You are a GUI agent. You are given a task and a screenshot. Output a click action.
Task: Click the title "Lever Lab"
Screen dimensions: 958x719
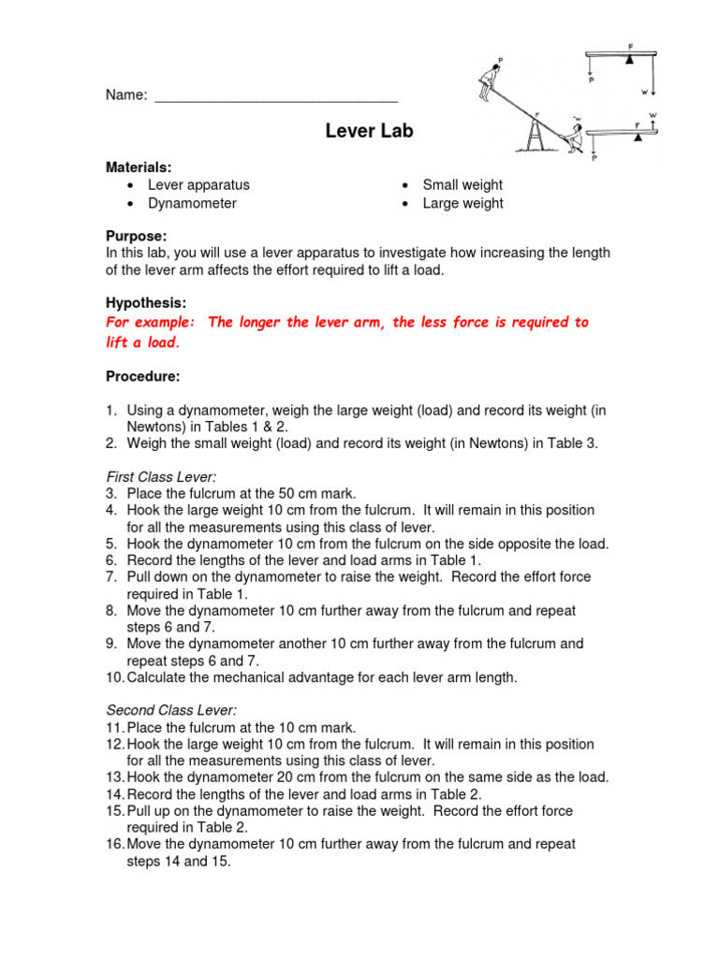click(369, 131)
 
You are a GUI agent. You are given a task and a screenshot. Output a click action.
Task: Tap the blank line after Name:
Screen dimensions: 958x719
click(276, 96)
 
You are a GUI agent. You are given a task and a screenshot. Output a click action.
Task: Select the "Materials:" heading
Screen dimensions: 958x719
click(138, 167)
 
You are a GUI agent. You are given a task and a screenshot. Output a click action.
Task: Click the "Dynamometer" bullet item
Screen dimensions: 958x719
click(192, 203)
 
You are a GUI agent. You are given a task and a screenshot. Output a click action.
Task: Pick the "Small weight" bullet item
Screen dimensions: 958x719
click(462, 185)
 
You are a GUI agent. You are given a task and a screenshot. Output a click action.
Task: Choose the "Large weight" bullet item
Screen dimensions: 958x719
click(462, 203)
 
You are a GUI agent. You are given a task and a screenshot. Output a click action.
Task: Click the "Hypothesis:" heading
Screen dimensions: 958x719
click(145, 303)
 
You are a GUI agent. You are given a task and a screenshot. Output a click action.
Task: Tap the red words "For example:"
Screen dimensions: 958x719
click(151, 323)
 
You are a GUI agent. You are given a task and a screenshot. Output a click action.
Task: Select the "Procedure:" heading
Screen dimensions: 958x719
click(142, 376)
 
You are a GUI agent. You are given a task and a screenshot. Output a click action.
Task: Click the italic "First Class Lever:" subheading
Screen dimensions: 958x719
click(160, 476)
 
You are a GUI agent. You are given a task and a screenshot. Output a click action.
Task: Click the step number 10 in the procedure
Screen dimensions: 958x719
click(114, 677)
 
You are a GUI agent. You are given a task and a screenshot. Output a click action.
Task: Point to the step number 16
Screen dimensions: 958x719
click(114, 844)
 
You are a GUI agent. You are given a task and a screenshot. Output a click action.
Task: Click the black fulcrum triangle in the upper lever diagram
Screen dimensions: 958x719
click(630, 58)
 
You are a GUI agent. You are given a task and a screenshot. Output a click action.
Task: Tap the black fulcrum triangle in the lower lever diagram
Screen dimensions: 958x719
click(638, 135)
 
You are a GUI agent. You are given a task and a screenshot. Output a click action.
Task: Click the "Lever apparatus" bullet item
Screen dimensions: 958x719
click(198, 185)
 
